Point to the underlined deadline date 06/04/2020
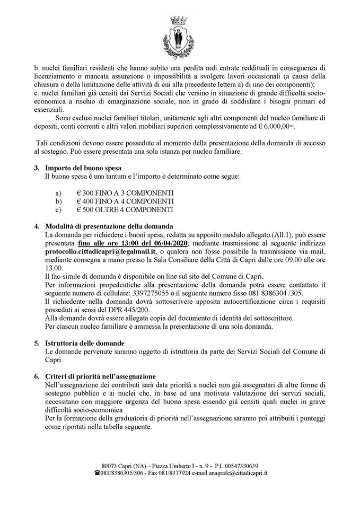[162, 242]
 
